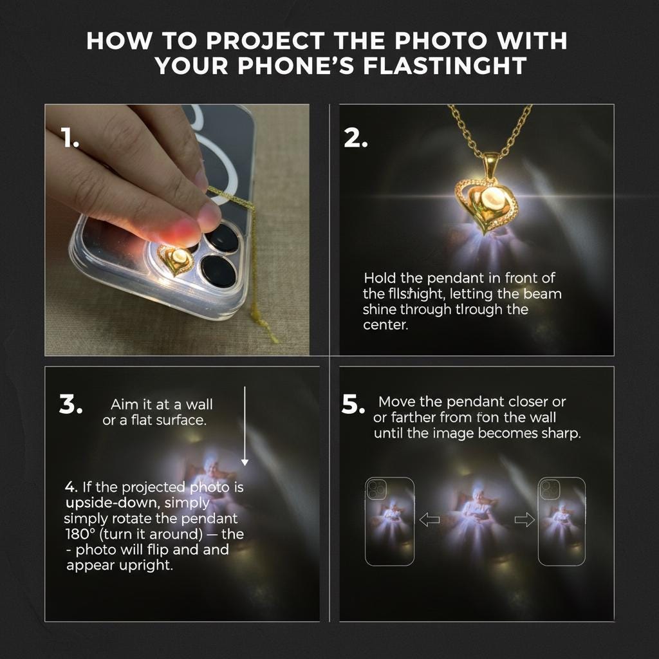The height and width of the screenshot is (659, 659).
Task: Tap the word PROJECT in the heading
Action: click(265, 41)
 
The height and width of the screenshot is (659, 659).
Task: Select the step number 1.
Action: click(70, 138)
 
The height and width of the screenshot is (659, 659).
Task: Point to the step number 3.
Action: click(71, 404)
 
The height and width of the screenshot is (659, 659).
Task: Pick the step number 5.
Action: click(353, 404)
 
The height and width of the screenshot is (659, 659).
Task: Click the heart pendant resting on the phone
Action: click(176, 260)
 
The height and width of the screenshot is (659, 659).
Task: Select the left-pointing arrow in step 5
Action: click(429, 520)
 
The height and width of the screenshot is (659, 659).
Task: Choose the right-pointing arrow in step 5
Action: click(524, 520)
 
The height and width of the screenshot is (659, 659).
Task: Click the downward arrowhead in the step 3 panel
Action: click(245, 462)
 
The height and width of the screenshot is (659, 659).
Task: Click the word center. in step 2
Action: click(385, 325)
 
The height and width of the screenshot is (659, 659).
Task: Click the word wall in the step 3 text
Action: click(200, 404)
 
